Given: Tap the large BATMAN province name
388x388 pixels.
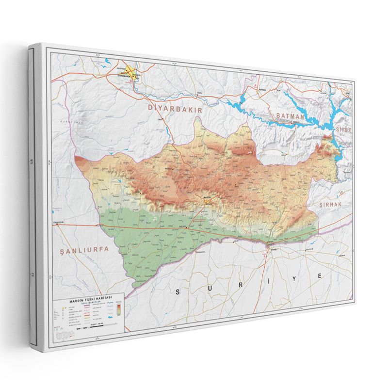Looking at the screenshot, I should (x=290, y=116).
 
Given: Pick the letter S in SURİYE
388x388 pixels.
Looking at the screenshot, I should (x=178, y=291).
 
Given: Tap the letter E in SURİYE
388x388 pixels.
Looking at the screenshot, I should (x=320, y=275).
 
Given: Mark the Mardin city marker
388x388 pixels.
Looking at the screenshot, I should (x=207, y=198).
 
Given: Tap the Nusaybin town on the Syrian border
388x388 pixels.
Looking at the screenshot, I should (x=270, y=243).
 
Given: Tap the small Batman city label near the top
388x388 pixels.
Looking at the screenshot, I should (x=262, y=89).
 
